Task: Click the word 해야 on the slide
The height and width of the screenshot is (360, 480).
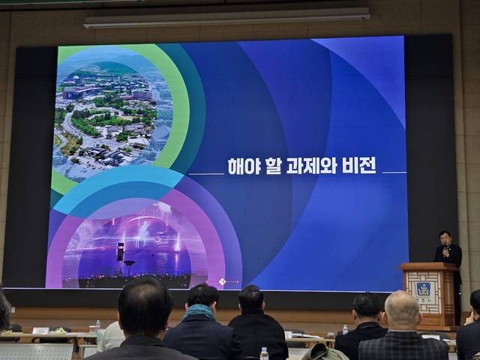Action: click(x=244, y=166)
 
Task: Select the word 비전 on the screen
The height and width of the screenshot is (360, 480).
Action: click(x=358, y=166)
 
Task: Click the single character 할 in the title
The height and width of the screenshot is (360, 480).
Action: click(x=273, y=166)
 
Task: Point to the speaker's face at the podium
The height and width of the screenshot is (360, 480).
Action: click(x=445, y=238)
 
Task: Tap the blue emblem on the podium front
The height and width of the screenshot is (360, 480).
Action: click(x=423, y=289)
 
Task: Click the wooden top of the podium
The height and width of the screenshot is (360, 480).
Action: click(x=427, y=265)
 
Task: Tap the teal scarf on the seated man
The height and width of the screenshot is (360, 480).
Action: click(x=200, y=311)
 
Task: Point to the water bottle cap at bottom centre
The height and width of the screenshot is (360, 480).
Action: click(x=264, y=349)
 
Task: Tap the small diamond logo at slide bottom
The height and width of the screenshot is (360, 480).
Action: click(x=222, y=282)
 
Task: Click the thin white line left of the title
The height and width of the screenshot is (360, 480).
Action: click(x=205, y=174)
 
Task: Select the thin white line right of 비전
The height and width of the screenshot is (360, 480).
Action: click(x=394, y=172)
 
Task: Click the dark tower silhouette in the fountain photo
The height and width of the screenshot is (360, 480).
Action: click(x=120, y=252)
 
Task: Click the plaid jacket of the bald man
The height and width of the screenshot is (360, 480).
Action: click(x=402, y=346)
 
